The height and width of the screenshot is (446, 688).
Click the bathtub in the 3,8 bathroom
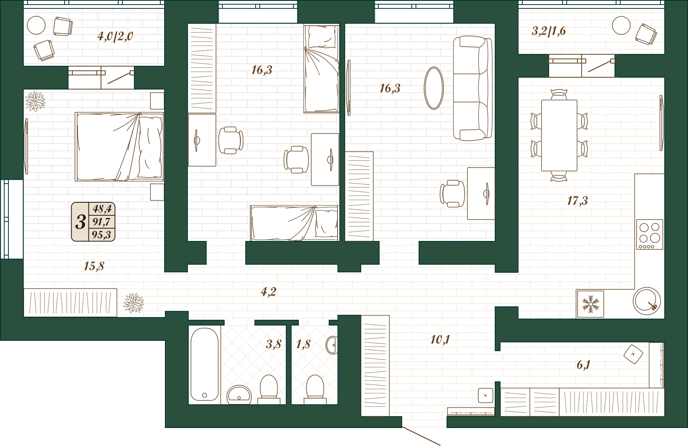point(204,364)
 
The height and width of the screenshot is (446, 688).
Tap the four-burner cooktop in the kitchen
point(649,234)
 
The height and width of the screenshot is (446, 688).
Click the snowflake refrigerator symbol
point(590,304)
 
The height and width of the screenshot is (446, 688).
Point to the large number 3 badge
point(80,222)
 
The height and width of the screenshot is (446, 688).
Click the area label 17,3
point(577,200)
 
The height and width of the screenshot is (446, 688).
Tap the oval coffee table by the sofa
point(434,88)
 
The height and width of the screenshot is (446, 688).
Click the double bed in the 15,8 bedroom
point(119,146)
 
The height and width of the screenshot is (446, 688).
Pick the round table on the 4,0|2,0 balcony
point(36,26)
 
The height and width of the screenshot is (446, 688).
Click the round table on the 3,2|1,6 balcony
point(621,26)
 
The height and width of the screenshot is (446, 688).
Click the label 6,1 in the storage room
point(583,365)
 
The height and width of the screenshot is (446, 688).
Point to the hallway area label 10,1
point(440,339)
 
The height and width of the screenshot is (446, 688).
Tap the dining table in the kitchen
point(559,135)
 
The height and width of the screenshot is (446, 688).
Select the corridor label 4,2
point(269,292)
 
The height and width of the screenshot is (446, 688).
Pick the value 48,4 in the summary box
point(102,209)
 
